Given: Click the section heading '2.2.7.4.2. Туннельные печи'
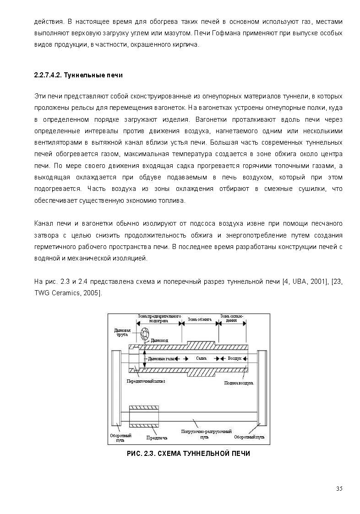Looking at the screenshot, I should [78, 75].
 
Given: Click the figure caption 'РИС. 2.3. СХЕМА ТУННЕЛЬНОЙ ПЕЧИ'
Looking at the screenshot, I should [188, 454].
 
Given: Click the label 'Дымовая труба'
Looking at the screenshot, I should [123, 332].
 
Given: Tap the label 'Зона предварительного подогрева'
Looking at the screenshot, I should [159, 319].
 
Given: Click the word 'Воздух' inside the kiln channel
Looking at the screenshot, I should [235, 358].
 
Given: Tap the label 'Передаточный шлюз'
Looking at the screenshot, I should [146, 380].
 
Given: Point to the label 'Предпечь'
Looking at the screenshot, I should [157, 438].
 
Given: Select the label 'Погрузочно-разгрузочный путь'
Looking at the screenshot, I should [206, 434].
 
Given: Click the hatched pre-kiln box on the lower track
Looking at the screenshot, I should [144, 416].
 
